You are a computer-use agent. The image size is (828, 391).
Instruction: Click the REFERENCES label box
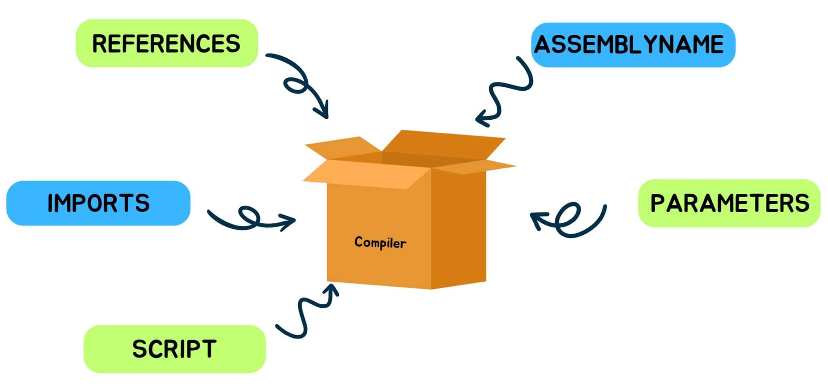(x=167, y=43)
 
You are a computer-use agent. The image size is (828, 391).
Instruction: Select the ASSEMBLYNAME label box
(x=633, y=45)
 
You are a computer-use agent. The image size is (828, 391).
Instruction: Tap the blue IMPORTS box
(x=98, y=203)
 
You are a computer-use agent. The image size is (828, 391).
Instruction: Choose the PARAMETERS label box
(x=729, y=203)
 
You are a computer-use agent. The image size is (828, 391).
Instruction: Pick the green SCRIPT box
(x=175, y=349)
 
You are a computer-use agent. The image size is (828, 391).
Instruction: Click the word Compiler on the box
(x=380, y=243)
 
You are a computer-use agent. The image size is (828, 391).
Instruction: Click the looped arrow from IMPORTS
(x=249, y=219)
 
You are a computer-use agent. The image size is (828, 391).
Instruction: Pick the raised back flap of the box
(x=443, y=144)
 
